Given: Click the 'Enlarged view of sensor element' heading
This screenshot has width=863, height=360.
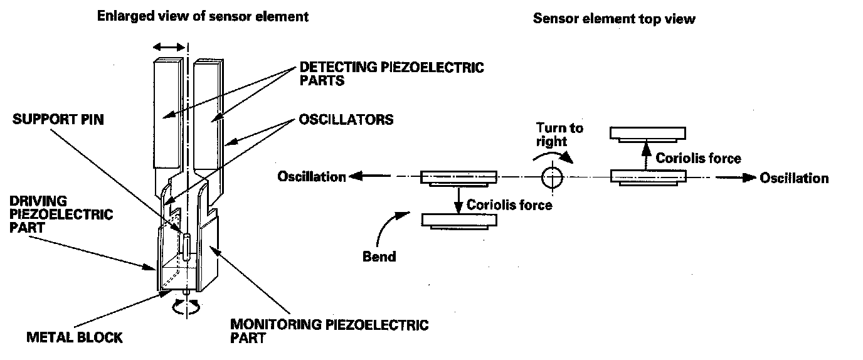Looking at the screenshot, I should point(203,17).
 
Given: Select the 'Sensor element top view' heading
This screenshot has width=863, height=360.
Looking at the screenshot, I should point(614,18).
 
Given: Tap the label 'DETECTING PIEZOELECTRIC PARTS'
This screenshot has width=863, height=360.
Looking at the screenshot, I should point(391,73).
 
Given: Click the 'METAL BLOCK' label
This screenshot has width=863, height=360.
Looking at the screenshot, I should point(75,337).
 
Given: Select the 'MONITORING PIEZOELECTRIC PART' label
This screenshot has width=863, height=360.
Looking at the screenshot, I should point(329,331).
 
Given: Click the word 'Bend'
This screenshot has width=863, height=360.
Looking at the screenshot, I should point(379,257).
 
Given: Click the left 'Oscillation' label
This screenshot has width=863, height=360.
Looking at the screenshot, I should point(312,177).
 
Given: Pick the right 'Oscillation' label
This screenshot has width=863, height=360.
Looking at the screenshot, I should point(794,178).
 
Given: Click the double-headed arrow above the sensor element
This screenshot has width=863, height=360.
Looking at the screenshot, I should point(169,47).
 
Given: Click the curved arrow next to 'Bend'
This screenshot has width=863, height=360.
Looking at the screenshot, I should point(389,226).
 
